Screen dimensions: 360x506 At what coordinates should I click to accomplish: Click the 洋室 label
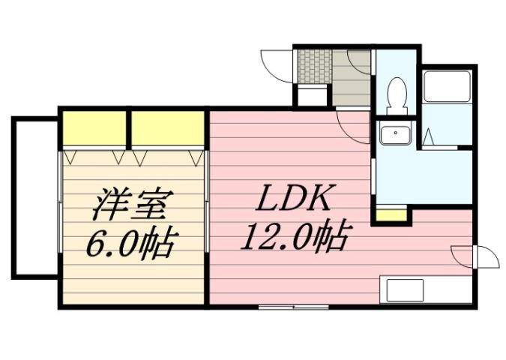(134, 203)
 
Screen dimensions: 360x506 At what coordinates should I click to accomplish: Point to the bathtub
(447, 88)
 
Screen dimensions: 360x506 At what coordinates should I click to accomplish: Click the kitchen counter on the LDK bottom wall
(426, 289)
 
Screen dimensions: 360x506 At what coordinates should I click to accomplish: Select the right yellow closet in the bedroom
(169, 129)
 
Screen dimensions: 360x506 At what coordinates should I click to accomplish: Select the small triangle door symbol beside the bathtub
(430, 138)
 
